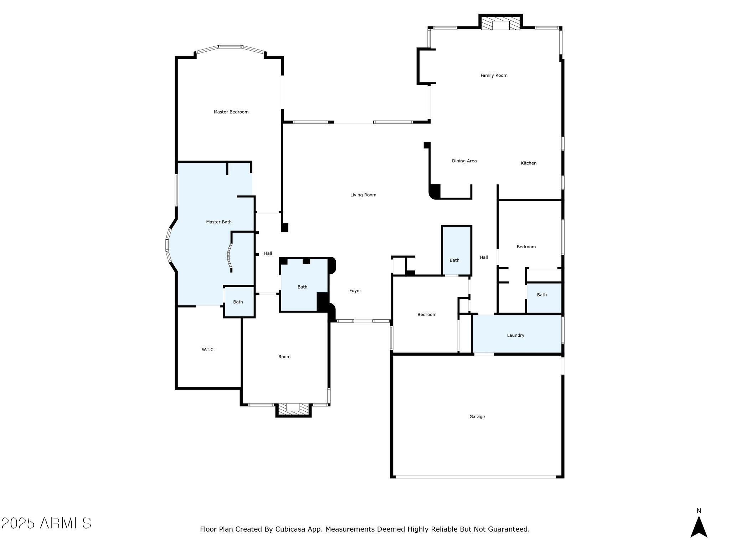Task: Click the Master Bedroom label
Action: pos(231,112)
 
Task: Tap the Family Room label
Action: pos(494,76)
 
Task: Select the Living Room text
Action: pos(363,195)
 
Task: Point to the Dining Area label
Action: pos(464,161)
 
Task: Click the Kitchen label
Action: pos(529,163)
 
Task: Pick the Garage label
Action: pos(477,417)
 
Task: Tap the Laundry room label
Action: pos(516,335)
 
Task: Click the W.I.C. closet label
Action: pos(208,350)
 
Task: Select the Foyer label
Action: pos(355,291)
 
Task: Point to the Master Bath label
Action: pos(219,222)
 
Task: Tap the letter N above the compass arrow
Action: pos(699,511)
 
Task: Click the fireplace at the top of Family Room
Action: pos(500,22)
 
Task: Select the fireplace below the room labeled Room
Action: pos(293,410)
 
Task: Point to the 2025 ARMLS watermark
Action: pos(46,523)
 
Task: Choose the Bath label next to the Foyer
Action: pos(302,287)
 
